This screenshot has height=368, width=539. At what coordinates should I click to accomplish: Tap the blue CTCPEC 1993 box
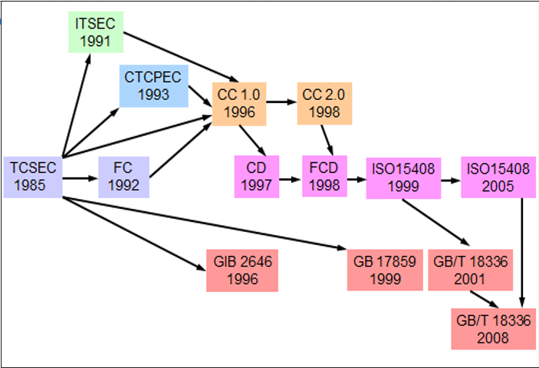(x=153, y=85)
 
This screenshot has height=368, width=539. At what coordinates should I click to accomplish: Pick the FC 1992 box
(x=123, y=177)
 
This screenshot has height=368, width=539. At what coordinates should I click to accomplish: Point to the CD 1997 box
(x=256, y=176)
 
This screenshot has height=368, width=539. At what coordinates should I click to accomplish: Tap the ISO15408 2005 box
(x=497, y=177)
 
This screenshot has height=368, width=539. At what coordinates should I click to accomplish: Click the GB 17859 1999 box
(x=384, y=270)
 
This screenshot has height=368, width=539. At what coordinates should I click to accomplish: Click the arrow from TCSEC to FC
(x=80, y=178)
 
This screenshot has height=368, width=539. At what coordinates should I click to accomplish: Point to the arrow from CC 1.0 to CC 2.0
(x=281, y=101)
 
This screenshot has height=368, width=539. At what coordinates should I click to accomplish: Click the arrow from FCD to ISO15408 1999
(x=357, y=178)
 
